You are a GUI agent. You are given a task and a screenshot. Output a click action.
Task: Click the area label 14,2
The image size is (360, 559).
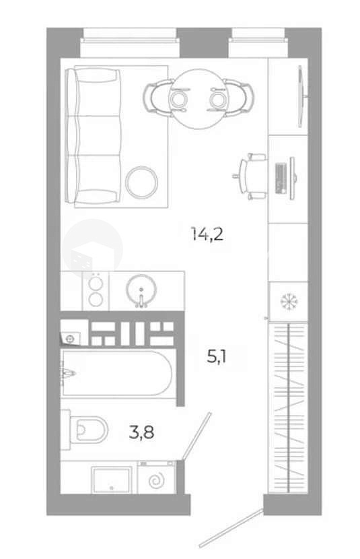[207, 234]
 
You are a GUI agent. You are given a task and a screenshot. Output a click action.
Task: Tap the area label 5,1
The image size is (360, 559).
[217, 356]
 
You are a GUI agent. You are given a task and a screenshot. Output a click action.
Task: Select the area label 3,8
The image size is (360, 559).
[141, 432]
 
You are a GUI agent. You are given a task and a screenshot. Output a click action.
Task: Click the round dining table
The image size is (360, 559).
[199, 99]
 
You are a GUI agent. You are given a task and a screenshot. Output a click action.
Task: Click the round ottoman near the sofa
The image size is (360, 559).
[141, 183]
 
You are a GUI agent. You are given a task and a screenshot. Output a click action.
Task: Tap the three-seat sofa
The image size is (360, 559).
[94, 136]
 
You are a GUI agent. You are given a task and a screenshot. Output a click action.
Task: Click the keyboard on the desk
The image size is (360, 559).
[281, 178]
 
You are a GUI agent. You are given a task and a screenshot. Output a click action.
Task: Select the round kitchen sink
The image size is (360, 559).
[141, 290]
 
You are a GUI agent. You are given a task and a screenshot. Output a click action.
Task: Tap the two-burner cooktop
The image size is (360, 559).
[96, 290]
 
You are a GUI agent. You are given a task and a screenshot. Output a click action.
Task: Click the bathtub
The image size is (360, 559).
[117, 373]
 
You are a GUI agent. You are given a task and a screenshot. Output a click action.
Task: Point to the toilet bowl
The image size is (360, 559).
[88, 430]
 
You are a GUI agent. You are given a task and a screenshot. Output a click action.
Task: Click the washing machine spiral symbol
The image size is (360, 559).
[156, 480]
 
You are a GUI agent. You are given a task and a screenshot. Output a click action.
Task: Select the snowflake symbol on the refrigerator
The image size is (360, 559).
[289, 302]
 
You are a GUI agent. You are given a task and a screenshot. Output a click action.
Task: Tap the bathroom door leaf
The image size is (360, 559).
[197, 436]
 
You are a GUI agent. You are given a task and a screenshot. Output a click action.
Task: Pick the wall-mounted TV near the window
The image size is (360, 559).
[301, 96]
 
